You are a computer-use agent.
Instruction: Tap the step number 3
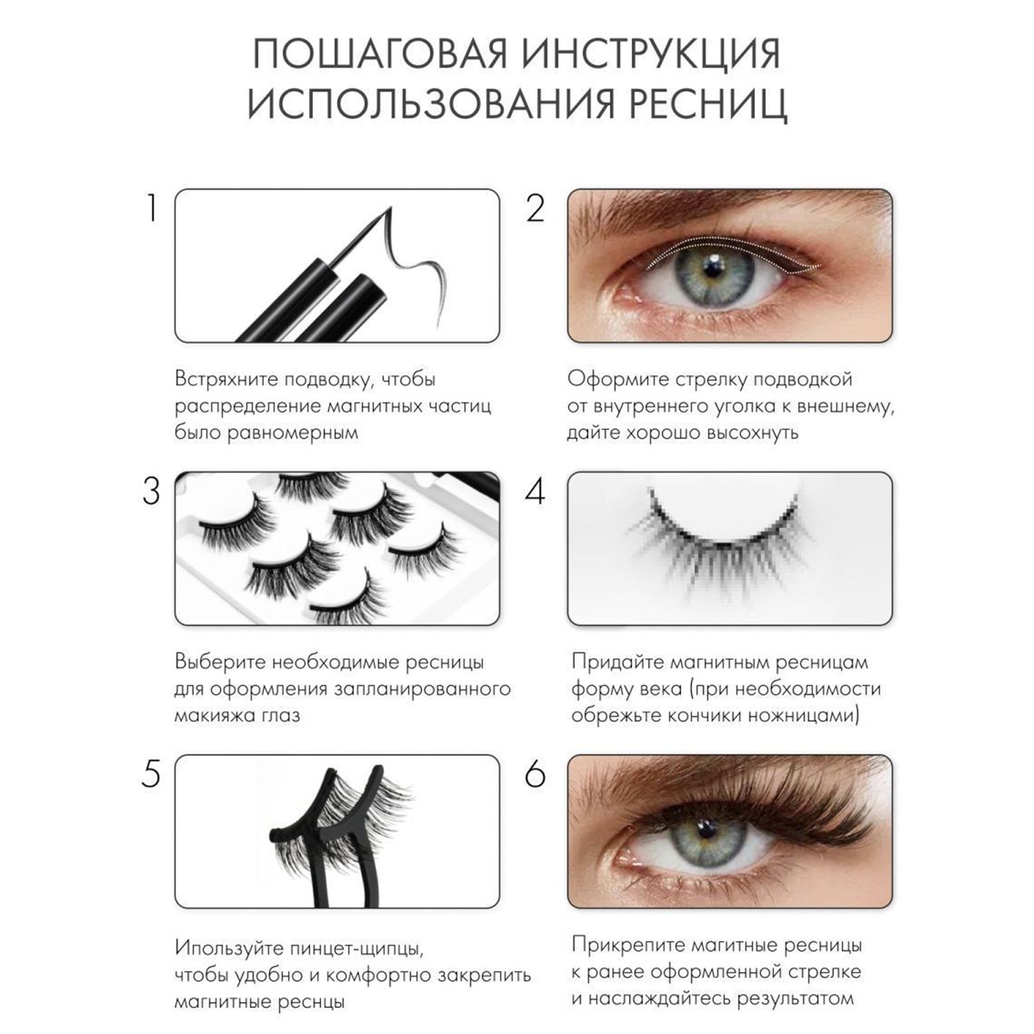(151, 491)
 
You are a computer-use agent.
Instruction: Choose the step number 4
(536, 491)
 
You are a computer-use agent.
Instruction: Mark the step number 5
(151, 774)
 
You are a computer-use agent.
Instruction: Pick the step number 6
(536, 774)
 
